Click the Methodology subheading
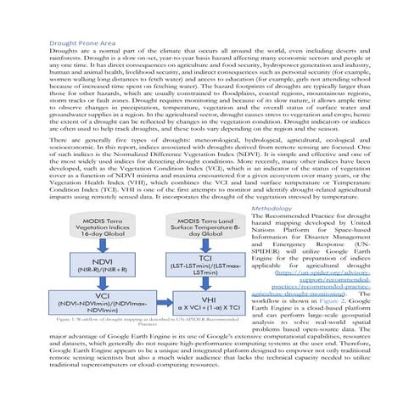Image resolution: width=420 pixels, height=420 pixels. coord(254,208)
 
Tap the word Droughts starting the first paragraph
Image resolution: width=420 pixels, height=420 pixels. coord(64,52)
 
